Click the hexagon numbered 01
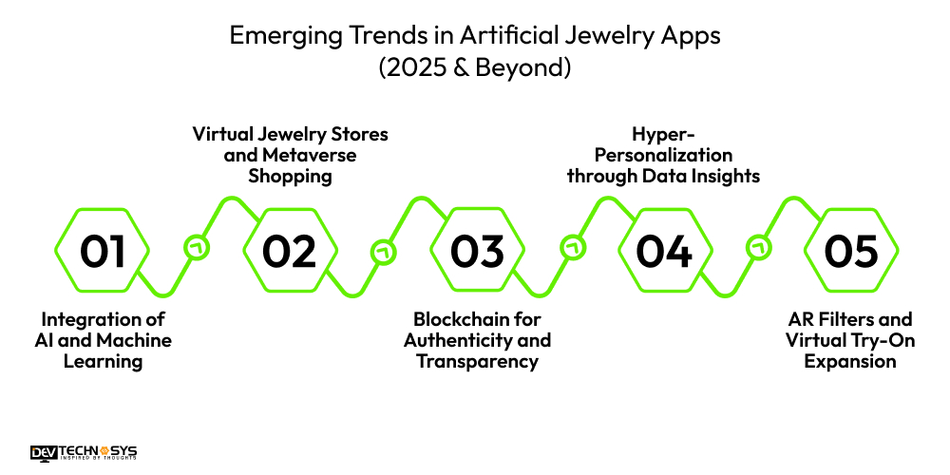(x=103, y=252)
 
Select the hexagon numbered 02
(x=290, y=252)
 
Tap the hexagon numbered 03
(x=477, y=252)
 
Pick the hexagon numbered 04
(x=664, y=252)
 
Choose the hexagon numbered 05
(x=851, y=252)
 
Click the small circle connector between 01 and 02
(x=197, y=248)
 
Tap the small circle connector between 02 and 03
(x=384, y=252)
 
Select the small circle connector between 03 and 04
(x=571, y=248)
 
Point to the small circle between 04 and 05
(x=758, y=248)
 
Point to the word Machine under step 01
(x=140, y=340)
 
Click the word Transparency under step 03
(x=477, y=362)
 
